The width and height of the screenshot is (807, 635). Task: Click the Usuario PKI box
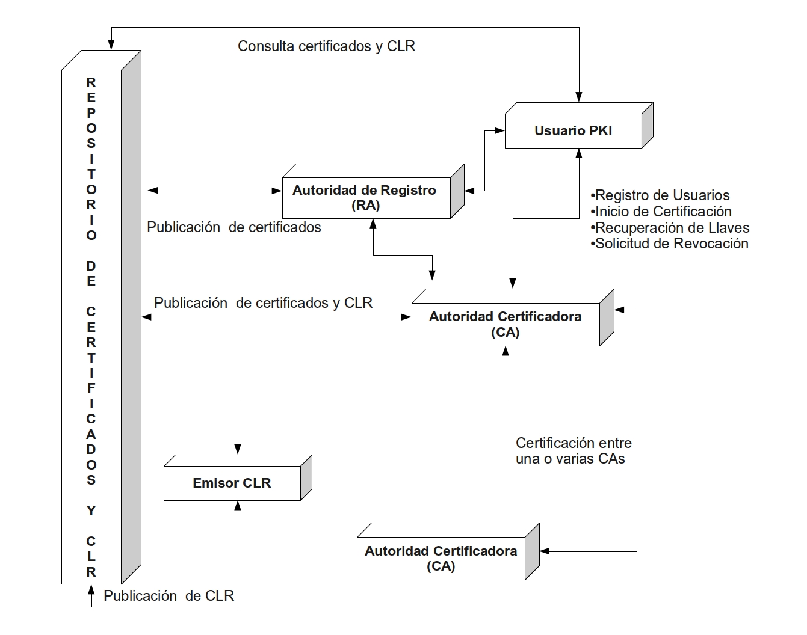(579, 126)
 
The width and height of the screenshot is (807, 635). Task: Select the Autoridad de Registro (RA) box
(373, 191)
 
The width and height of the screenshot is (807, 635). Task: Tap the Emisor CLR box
(238, 478)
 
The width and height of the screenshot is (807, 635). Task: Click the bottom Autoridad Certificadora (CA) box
(448, 552)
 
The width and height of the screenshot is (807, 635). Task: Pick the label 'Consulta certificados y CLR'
(326, 46)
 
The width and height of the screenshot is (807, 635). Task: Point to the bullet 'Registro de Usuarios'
(660, 195)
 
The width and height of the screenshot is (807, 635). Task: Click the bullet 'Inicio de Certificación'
(661, 212)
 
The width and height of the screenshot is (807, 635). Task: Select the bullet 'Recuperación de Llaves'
(670, 227)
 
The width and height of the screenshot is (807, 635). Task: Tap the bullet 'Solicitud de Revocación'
(669, 244)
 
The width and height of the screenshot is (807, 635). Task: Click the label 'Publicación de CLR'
(169, 596)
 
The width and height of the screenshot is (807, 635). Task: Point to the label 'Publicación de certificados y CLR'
(263, 303)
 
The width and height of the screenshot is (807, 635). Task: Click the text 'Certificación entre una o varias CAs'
(574, 451)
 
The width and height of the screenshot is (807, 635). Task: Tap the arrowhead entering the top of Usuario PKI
(579, 97)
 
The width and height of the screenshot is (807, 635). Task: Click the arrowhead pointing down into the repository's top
(111, 44)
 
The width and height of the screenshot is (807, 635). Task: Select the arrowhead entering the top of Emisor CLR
(238, 449)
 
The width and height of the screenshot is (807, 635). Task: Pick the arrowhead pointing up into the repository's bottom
(91, 590)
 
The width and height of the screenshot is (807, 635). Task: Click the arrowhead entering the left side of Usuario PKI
(499, 131)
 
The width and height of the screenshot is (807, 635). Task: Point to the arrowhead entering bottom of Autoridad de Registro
(373, 224)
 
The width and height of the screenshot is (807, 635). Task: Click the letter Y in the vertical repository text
(91, 511)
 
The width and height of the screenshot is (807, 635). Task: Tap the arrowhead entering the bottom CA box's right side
(545, 551)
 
